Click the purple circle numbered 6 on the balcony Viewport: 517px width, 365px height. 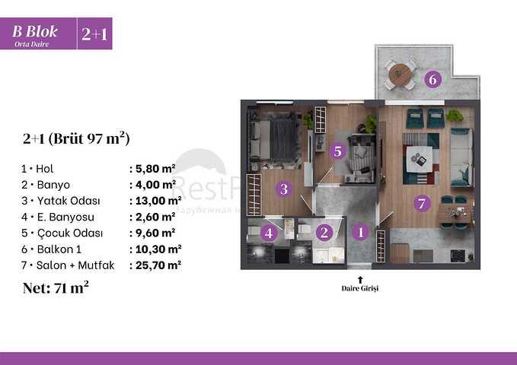(x=432, y=78)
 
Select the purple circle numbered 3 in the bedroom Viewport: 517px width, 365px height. (x=283, y=189)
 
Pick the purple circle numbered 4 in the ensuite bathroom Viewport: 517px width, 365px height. (x=268, y=233)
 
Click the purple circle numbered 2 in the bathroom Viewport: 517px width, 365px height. (x=324, y=233)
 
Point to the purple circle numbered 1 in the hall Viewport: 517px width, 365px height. (x=362, y=233)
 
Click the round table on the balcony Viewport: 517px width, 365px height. (x=399, y=75)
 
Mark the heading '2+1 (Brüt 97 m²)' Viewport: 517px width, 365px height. (x=75, y=138)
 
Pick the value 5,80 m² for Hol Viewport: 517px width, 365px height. (x=153, y=169)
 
